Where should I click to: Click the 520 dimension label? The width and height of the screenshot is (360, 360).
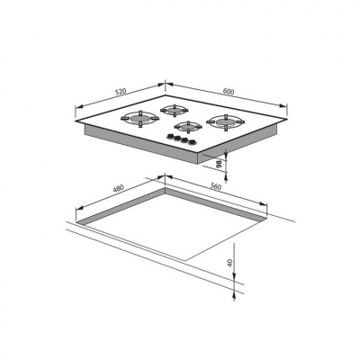[120, 91]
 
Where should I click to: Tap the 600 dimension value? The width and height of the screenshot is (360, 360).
[229, 92]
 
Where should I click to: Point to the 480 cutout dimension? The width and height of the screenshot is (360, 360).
[119, 189]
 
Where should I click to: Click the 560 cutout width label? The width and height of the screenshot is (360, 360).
[215, 186]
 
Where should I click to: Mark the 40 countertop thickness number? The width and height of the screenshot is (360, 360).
[230, 263]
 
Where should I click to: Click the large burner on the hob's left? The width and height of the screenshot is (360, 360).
[139, 119]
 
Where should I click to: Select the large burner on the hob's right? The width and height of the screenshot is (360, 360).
[225, 122]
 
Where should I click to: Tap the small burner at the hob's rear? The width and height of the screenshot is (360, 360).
[175, 111]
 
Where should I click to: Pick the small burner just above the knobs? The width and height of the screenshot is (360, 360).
[188, 127]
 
